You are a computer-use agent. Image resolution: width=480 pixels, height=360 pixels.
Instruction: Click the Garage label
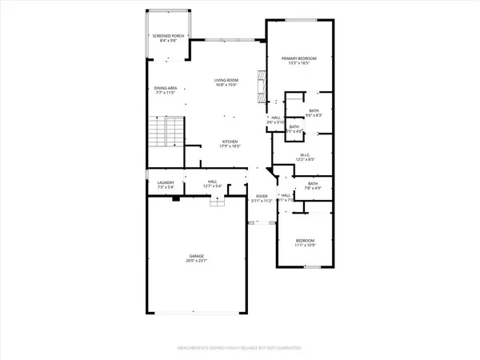(x=195, y=257)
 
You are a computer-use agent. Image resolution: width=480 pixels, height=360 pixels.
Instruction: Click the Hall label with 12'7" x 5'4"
(x=213, y=182)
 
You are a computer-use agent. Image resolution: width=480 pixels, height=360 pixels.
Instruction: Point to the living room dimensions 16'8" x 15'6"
(x=224, y=86)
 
